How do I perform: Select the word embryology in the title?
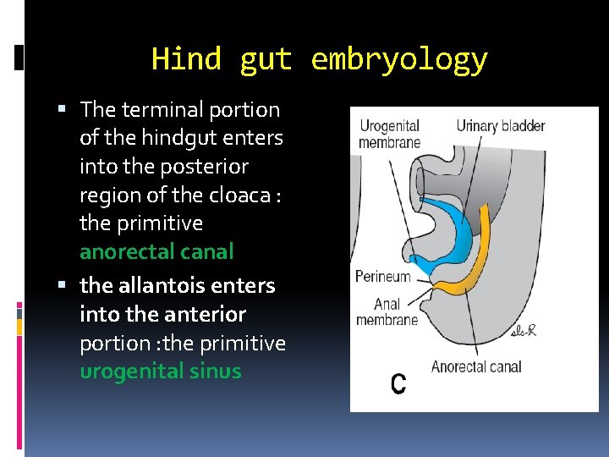click(399, 60)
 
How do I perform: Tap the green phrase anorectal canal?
click(156, 252)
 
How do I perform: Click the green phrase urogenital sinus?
click(161, 372)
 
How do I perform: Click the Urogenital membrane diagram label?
click(389, 134)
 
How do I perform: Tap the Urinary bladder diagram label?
click(501, 126)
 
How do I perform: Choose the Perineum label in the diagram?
click(382, 277)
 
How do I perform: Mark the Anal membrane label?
click(387, 311)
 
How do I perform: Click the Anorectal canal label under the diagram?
click(476, 366)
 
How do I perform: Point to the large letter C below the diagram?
click(398, 383)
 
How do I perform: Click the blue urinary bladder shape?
click(447, 228)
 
